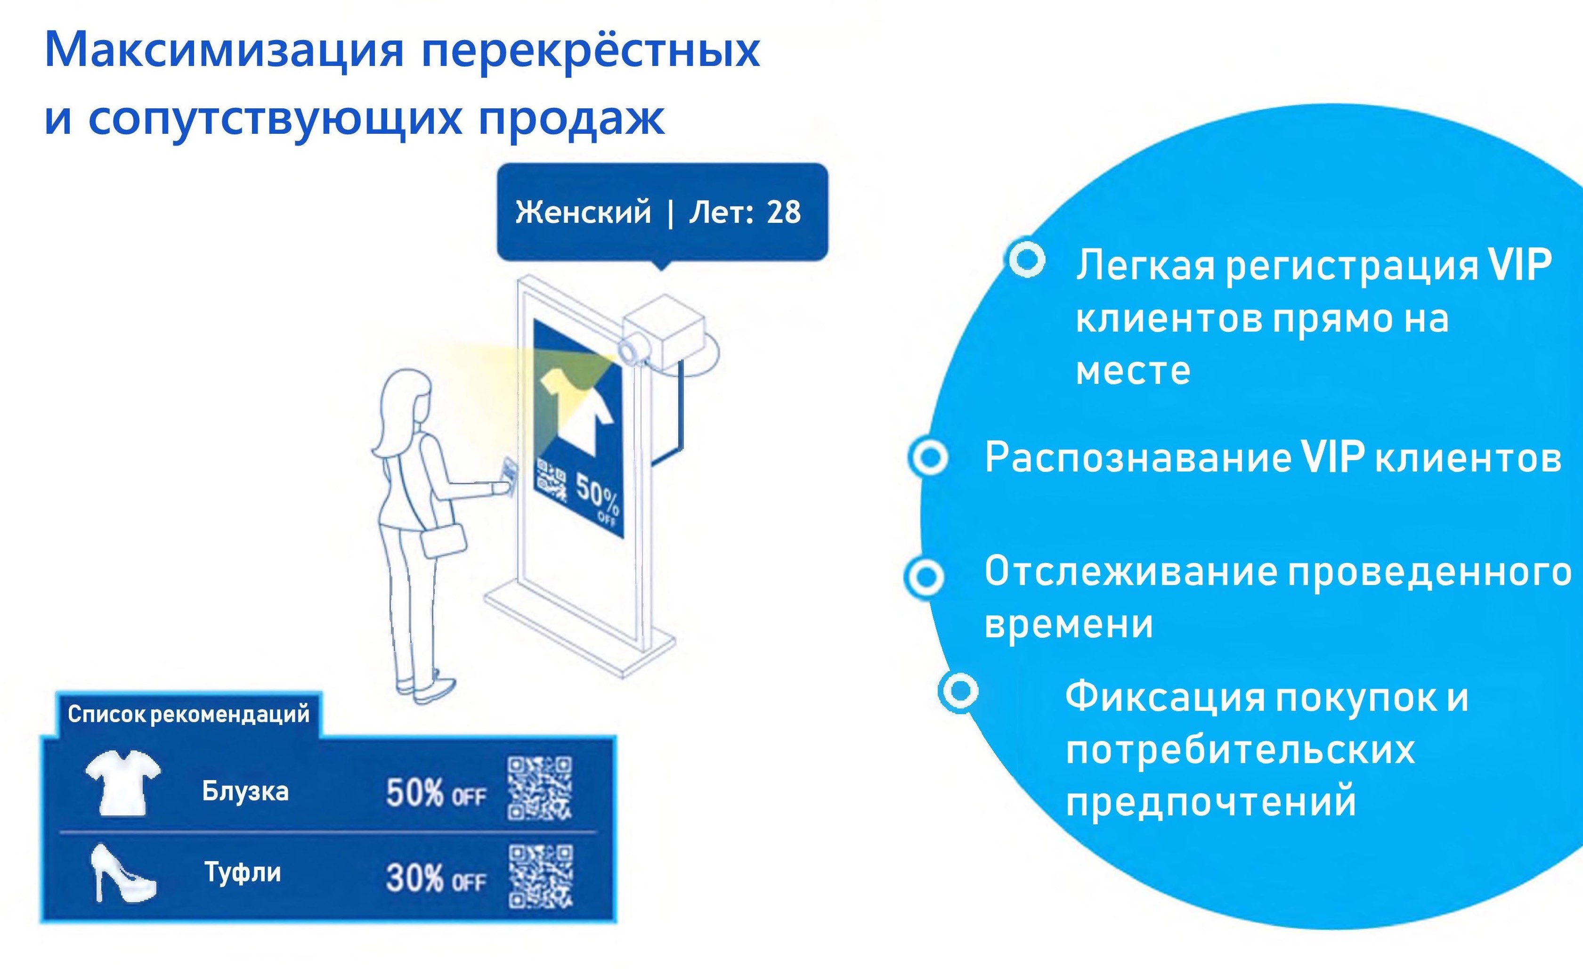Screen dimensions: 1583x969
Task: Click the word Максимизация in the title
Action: (x=225, y=49)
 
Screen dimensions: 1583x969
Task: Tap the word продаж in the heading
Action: (x=572, y=119)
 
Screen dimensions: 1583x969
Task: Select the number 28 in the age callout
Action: (x=784, y=212)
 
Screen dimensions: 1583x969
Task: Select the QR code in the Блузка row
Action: (x=540, y=789)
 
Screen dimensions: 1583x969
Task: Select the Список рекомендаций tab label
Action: (x=188, y=714)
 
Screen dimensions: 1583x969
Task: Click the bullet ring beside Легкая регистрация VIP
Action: (x=1027, y=260)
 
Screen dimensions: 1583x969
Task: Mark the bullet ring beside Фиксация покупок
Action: (x=958, y=691)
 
